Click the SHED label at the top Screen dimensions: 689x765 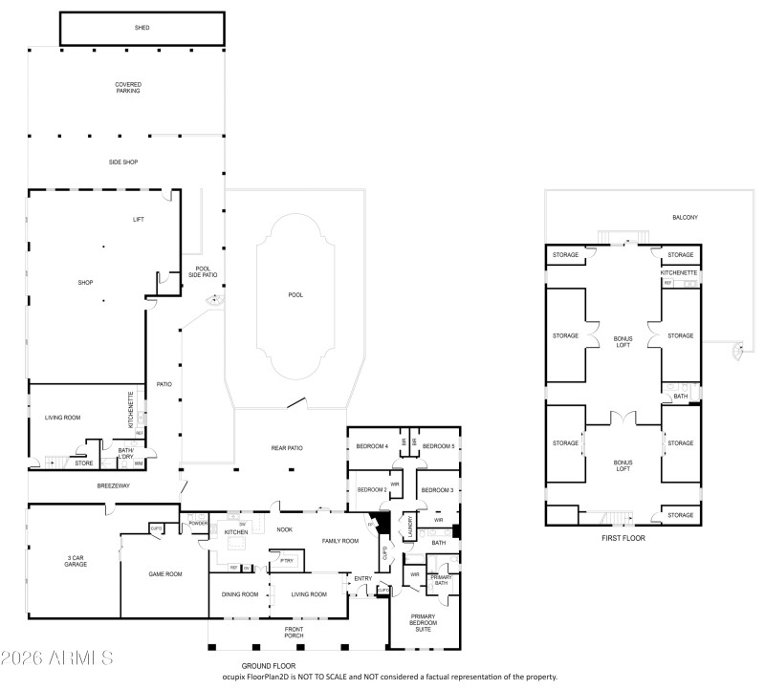(142, 28)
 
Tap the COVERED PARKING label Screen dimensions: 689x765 (128, 87)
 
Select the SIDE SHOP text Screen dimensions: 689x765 (122, 162)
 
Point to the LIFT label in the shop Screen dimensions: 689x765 (138, 220)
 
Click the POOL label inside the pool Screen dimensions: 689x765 (295, 294)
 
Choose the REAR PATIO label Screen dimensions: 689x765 (288, 448)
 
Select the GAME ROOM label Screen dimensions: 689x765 (164, 574)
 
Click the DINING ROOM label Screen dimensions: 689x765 (239, 594)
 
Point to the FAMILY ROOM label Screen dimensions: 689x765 (339, 541)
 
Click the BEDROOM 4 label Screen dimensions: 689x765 (372, 446)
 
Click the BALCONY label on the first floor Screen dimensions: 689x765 (685, 218)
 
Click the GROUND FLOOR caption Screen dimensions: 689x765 (269, 666)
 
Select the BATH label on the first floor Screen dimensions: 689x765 (680, 397)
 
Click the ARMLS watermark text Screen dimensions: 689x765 (57, 658)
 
